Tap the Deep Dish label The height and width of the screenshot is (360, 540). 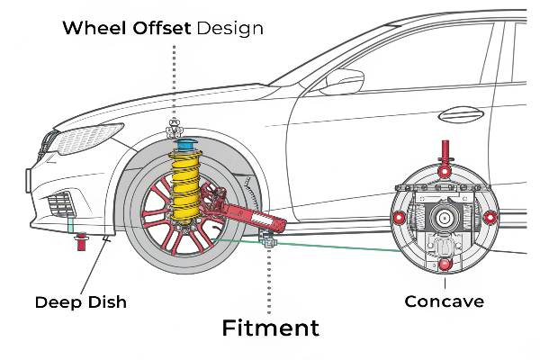coord(81,301)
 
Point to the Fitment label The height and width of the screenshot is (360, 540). coord(270,328)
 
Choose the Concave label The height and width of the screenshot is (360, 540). coord(444,301)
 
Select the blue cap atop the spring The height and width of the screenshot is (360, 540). coord(187,144)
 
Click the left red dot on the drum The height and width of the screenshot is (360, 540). coord(399,218)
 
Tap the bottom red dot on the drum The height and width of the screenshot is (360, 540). coord(444,264)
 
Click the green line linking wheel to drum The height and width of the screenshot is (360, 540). coord(333,245)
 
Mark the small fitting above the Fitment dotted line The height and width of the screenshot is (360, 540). coord(267,240)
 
